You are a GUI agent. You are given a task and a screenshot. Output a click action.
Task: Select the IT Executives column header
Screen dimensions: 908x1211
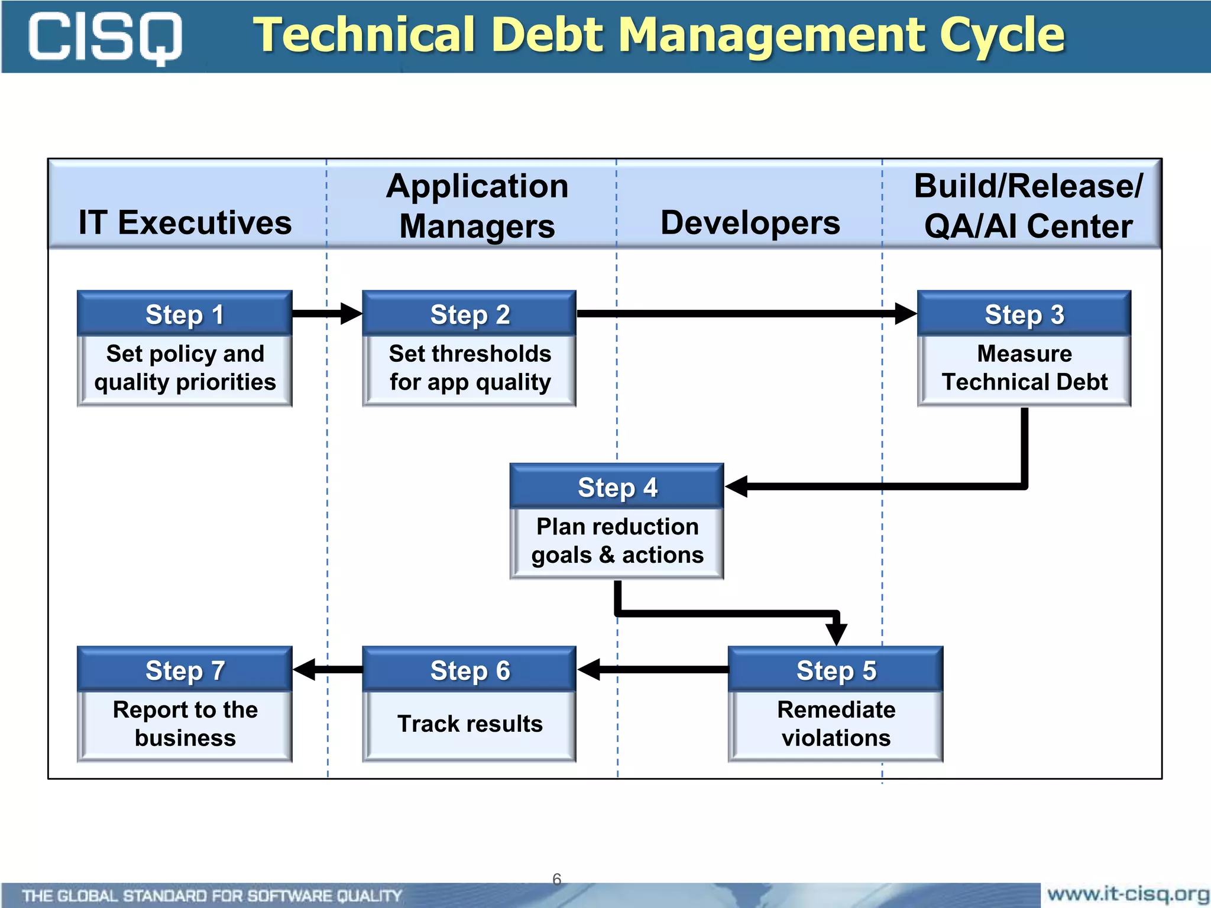[185, 222]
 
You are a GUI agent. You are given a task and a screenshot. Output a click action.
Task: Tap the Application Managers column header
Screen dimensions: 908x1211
[477, 206]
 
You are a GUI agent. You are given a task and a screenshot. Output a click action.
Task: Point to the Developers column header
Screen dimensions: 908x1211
[750, 222]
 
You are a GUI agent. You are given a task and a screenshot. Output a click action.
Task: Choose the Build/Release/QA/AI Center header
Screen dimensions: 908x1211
[1028, 206]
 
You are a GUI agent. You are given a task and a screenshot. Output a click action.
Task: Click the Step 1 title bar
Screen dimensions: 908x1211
[184, 314]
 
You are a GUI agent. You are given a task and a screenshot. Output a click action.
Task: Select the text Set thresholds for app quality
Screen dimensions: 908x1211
[469, 368]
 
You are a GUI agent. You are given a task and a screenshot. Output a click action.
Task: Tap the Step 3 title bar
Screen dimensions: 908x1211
[1024, 314]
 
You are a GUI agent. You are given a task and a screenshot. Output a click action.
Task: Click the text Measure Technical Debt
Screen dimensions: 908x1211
[1024, 368]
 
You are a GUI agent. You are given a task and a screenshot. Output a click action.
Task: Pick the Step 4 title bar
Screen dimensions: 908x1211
[617, 487]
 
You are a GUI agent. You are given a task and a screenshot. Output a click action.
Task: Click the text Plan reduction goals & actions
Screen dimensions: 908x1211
[617, 540]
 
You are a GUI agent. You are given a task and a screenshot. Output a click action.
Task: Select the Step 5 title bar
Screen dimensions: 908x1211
[836, 670]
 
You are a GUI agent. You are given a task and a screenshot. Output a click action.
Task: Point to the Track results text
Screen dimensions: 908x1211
[469, 724]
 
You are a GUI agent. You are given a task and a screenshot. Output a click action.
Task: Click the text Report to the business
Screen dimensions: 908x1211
[184, 724]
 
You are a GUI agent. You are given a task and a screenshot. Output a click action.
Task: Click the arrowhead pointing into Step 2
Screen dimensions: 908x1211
[351, 313]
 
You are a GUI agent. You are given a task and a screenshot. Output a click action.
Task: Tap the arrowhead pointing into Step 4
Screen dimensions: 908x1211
[737, 487]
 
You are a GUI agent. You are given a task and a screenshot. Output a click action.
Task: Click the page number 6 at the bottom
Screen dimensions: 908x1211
[556, 878]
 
